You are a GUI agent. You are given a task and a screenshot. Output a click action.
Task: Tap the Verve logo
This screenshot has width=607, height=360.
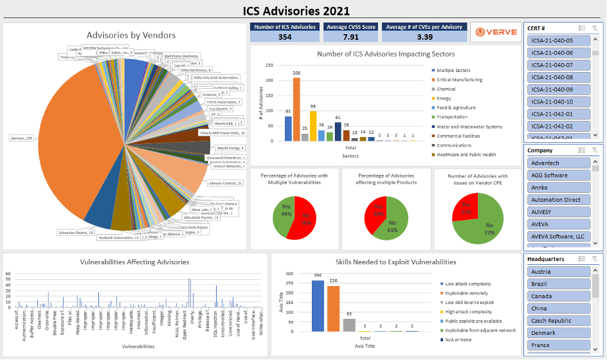[x=495, y=32]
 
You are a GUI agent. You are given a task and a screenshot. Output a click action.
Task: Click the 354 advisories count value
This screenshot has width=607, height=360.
[x=285, y=37]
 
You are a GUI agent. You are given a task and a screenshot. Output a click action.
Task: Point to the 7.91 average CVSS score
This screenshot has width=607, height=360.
[x=350, y=37]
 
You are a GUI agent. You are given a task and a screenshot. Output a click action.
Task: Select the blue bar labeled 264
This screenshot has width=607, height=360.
[x=318, y=305]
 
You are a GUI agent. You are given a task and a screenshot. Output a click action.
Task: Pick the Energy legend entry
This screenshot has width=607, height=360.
[x=445, y=98]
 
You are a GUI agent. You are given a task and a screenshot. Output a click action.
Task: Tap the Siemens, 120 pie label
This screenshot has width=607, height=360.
[x=22, y=138]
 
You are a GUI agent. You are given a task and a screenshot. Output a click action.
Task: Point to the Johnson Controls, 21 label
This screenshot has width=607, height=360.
[x=225, y=183]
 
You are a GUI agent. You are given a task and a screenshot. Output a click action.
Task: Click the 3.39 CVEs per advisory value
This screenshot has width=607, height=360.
[x=424, y=37]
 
